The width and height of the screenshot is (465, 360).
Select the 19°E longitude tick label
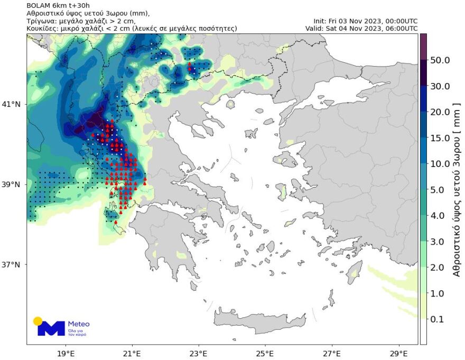[65, 353]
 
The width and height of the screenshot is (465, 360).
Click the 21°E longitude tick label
[132, 353]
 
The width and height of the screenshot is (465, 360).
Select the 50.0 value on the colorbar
[440, 60]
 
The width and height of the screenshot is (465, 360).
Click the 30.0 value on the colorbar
[440, 86]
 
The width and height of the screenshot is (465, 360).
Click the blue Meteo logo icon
[51, 328]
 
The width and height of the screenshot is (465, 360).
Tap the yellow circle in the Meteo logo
[38, 321]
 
